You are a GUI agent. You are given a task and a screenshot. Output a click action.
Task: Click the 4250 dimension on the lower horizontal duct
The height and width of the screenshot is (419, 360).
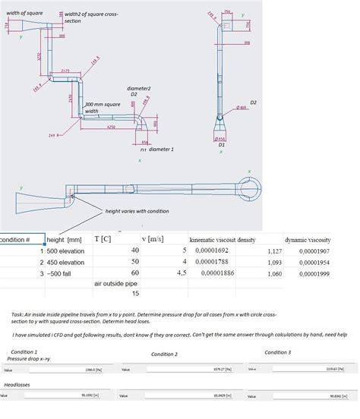point(111,128)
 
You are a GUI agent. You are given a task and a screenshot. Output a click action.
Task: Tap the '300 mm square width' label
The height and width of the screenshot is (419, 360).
point(100,108)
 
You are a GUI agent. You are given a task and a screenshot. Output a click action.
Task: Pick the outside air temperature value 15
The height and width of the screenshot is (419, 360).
point(136,293)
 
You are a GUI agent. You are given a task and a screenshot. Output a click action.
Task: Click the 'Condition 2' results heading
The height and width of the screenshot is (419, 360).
point(165,354)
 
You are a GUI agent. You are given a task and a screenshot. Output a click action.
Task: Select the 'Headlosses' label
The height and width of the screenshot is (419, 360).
point(17,385)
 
